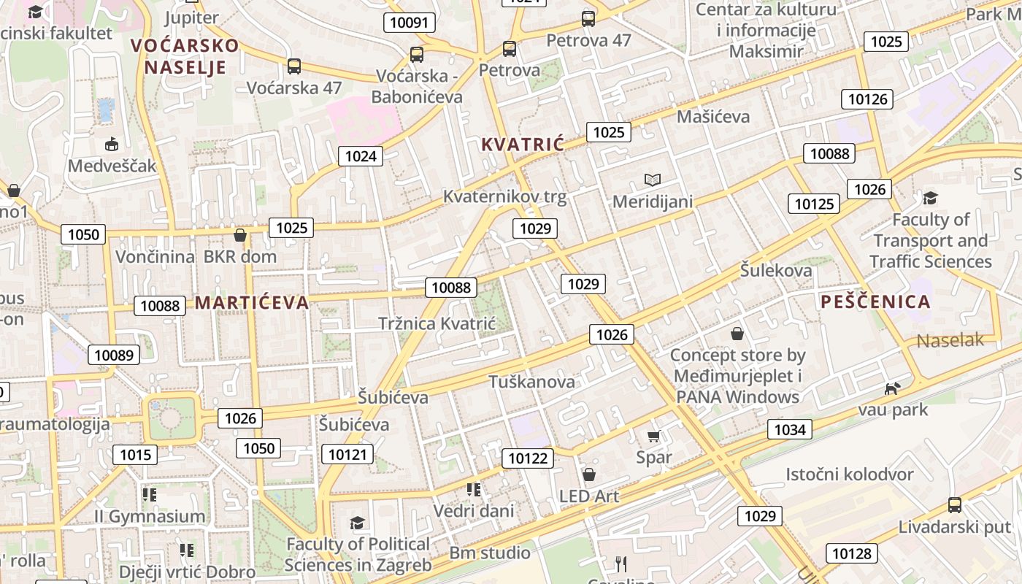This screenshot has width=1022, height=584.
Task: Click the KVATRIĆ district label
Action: pyautogui.click(x=523, y=145)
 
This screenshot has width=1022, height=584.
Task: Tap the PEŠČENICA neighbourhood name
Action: pyautogui.click(x=875, y=301)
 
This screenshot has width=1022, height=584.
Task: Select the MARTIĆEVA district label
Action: pyautogui.click(x=252, y=302)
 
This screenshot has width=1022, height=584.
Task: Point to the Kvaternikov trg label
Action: pyautogui.click(x=504, y=197)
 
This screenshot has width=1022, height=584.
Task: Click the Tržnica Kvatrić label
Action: pyautogui.click(x=437, y=323)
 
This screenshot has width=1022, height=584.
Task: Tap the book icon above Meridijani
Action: pyautogui.click(x=652, y=180)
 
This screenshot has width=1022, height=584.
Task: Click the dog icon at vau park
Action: pyautogui.click(x=892, y=388)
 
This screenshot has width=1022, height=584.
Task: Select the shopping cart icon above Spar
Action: pyautogui.click(x=653, y=436)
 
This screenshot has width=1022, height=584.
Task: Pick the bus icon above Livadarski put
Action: pyautogui.click(x=954, y=504)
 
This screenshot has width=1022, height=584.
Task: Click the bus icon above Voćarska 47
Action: pyautogui.click(x=293, y=66)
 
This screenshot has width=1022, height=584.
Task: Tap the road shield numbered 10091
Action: pyautogui.click(x=409, y=23)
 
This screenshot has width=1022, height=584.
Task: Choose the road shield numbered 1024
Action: pyautogui.click(x=361, y=155)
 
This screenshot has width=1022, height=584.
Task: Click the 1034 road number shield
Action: pyautogui.click(x=790, y=429)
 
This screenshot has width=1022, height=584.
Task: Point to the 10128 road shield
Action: pyautogui.click(x=851, y=553)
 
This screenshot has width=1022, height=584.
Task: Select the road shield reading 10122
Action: pyautogui.click(x=527, y=458)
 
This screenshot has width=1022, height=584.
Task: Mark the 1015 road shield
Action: pyautogui.click(x=135, y=455)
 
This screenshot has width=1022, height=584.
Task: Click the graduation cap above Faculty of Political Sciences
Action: pyautogui.click(x=357, y=523)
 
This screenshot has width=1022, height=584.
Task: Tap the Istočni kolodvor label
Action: pyautogui.click(x=849, y=474)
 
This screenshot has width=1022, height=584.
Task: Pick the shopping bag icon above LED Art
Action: pyautogui.click(x=588, y=474)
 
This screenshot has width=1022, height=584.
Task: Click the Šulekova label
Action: pyautogui.click(x=776, y=270)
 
